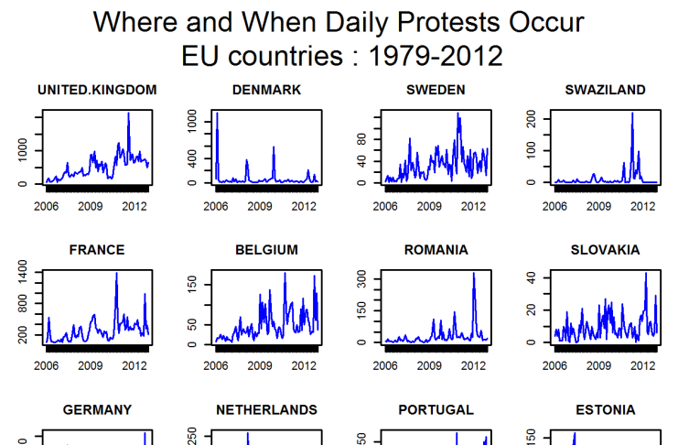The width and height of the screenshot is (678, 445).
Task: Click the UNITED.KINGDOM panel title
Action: point(97,90)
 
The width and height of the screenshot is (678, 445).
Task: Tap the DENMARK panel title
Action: point(266,90)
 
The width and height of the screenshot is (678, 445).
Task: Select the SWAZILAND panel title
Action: point(606,90)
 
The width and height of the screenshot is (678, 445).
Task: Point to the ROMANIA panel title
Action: point(436,249)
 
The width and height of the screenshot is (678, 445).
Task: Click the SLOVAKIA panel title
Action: point(606,249)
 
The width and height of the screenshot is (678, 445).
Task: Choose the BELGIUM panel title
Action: point(266,249)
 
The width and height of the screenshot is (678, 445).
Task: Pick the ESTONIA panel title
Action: point(606,409)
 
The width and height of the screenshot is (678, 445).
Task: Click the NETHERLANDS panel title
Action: point(266,409)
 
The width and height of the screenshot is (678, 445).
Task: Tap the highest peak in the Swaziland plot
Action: point(632,114)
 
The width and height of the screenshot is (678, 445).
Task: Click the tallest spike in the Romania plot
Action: point(474,273)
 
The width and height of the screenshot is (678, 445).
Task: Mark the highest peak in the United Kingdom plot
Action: point(129,114)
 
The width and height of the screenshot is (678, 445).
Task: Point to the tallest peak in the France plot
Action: point(116,273)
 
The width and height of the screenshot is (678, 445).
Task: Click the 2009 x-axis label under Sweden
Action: point(429,207)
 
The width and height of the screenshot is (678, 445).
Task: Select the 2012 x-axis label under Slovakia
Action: point(643,366)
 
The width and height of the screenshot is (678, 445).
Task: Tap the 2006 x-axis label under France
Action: point(47,366)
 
